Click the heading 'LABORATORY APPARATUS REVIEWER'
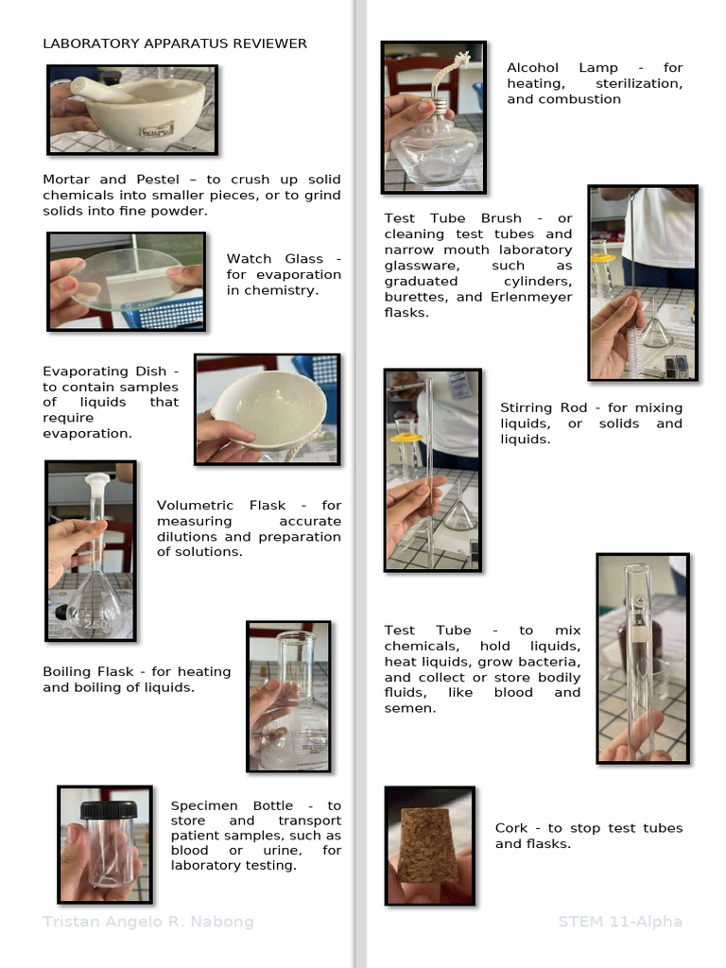175,43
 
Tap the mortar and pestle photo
132,110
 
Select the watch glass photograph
126,282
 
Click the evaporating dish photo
268,409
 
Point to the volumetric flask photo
91,549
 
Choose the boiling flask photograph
288,696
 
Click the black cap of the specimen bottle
108,810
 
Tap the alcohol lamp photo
434,116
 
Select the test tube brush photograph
643,283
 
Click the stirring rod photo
432,470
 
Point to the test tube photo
643,658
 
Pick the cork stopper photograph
429,845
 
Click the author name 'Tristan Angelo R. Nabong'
148,922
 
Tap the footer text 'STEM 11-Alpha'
620,922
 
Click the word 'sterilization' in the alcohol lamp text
639,83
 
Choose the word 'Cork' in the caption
511,828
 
